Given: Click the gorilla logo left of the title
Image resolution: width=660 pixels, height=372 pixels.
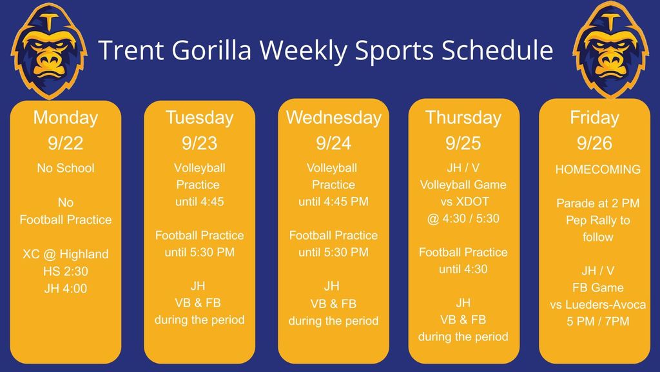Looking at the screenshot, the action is coord(49,50).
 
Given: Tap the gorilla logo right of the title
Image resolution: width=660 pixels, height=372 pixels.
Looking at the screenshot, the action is coord(610,50).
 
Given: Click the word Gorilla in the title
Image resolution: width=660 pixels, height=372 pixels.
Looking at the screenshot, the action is coord(211,50).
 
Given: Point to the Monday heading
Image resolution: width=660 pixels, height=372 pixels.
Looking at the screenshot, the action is coord(66,118).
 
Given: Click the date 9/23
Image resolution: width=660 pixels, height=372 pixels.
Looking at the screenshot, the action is coord(200,143).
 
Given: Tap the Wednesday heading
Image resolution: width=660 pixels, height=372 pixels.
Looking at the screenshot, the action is coord(334,118).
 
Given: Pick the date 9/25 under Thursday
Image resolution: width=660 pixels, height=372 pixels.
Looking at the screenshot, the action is coord(463,143).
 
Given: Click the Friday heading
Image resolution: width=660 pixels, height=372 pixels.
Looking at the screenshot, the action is coord(594,118).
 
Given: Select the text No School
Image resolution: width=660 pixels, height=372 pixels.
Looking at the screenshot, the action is coord(66,168).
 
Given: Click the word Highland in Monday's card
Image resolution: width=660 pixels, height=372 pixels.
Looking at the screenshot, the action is coord(84,254).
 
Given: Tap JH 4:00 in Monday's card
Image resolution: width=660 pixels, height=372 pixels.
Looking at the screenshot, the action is coord(66,289).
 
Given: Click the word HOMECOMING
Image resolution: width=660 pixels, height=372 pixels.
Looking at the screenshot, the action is coord(597,170).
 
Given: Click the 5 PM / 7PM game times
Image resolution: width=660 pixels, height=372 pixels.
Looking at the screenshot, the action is coord(597,322).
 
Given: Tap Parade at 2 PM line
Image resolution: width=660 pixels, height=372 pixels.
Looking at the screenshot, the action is coord(597,203).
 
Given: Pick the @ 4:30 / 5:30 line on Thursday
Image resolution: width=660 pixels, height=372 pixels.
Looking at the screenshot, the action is coord(463,218).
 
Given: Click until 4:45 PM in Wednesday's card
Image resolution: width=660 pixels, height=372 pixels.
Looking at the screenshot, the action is coord(333,201).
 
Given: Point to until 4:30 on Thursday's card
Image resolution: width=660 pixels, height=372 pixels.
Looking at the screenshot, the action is coord(463,269).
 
